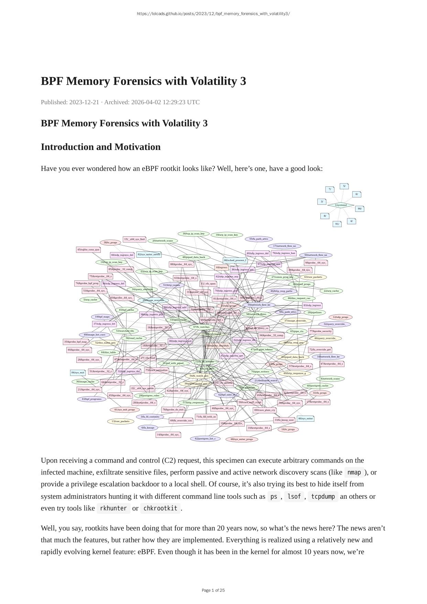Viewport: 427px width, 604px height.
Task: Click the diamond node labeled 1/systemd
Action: (x=341, y=205)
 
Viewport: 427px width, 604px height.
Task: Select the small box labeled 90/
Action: (x=359, y=209)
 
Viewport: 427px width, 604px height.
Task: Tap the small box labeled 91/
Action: (x=337, y=224)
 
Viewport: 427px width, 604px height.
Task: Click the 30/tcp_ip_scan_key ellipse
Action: (x=194, y=234)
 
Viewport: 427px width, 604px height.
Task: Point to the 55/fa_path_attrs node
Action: (x=259, y=239)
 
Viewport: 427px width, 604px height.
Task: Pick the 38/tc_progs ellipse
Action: (x=110, y=242)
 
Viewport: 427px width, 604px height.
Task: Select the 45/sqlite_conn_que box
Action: (x=88, y=250)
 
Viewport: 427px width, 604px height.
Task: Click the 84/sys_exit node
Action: (x=78, y=373)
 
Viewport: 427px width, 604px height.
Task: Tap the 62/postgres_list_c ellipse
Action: (x=205, y=439)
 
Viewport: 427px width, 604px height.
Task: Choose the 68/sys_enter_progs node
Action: (x=242, y=439)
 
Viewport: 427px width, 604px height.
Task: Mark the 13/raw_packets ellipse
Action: (x=120, y=421)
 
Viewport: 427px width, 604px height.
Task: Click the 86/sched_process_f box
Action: (x=235, y=260)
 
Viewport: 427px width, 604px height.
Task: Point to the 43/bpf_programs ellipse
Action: (x=92, y=399)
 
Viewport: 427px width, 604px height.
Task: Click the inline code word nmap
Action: (x=354, y=472)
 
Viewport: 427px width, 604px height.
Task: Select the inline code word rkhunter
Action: (x=113, y=508)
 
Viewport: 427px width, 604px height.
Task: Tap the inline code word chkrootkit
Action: (x=160, y=508)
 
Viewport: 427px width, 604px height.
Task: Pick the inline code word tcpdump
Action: (x=323, y=497)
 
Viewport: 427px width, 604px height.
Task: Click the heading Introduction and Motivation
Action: (x=101, y=147)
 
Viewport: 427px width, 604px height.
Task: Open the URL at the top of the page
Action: (x=213, y=14)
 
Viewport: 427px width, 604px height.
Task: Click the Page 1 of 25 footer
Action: (x=213, y=590)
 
